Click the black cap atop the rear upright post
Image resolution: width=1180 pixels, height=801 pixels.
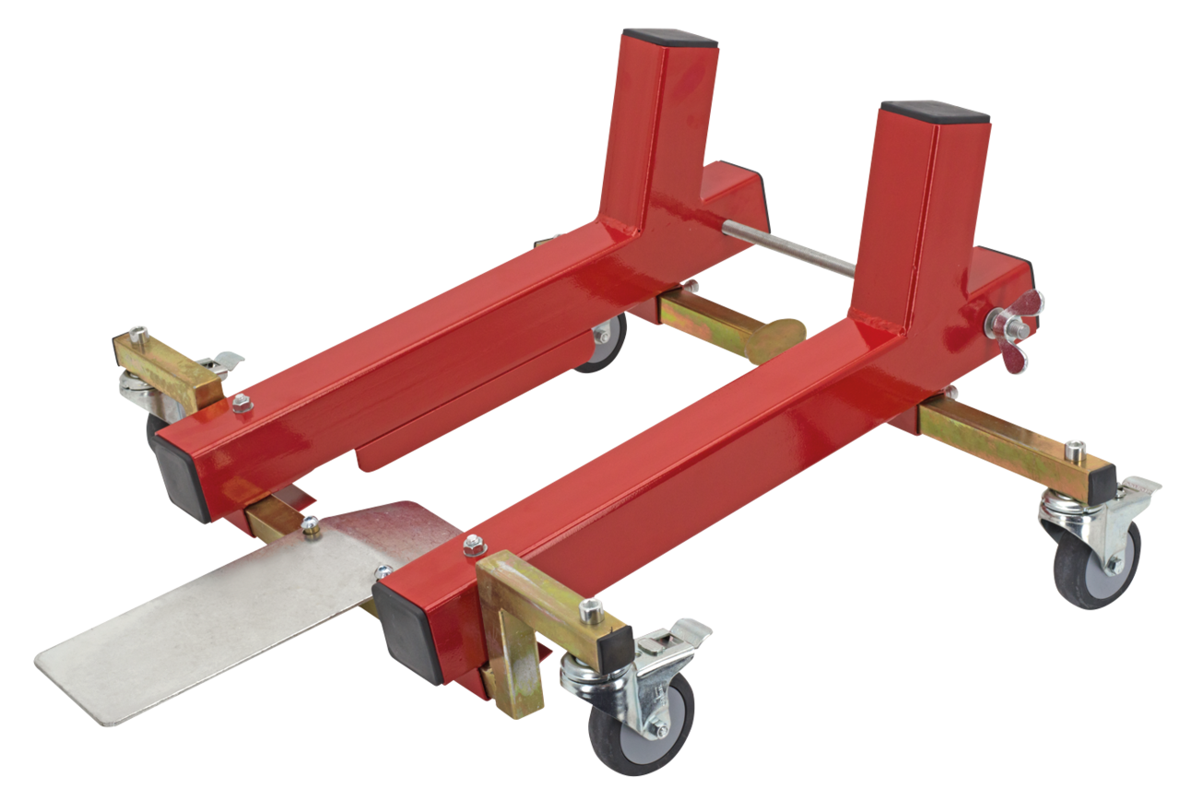pyautogui.click(x=669, y=38)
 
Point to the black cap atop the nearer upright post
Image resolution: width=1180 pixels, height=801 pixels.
pyautogui.click(x=934, y=113)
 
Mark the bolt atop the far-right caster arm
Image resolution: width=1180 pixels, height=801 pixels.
pyautogui.click(x=1076, y=449)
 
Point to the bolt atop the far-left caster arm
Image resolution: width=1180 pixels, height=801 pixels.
pyautogui.click(x=138, y=331)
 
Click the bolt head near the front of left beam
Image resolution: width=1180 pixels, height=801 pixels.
pyautogui.click(x=242, y=402)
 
